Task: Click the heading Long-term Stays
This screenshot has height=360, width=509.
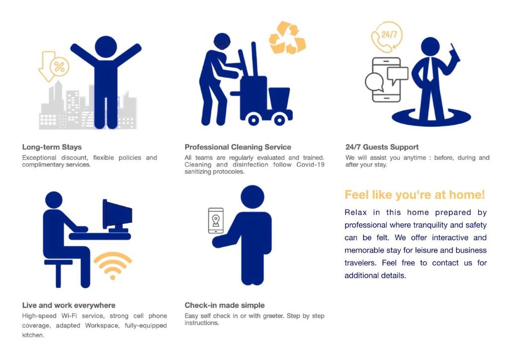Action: [x=52, y=147]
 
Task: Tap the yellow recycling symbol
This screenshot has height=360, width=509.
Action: [x=287, y=38]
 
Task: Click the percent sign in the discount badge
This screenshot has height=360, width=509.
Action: [x=60, y=67]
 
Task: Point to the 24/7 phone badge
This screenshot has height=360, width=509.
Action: [x=387, y=37]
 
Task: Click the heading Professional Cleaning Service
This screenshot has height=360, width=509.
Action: [x=238, y=147]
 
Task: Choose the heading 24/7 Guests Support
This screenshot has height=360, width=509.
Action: [x=382, y=147]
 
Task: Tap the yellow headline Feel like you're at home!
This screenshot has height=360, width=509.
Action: [x=415, y=195]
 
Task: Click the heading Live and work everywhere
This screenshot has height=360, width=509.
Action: [x=69, y=305]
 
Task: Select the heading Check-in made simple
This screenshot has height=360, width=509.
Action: [x=225, y=305]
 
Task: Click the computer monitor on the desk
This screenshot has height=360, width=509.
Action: [x=117, y=215]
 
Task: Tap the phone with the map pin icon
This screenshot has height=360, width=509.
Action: [x=216, y=221]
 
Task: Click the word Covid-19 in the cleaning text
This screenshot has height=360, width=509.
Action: [x=310, y=165]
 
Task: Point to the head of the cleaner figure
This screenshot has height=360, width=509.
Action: [x=222, y=41]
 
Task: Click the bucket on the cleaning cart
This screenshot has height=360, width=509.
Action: [x=279, y=98]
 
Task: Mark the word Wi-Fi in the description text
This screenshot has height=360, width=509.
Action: [x=69, y=316]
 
